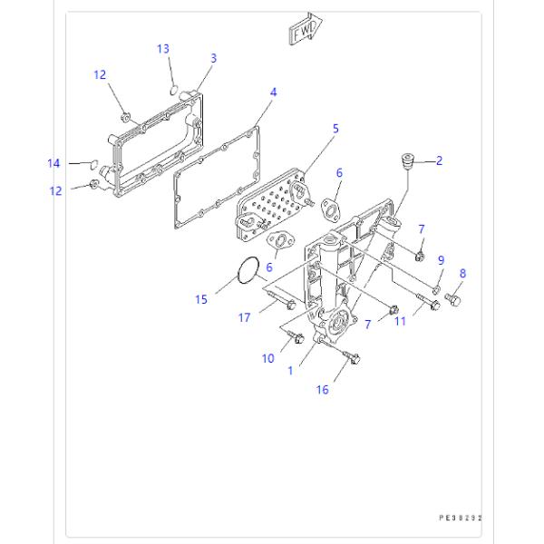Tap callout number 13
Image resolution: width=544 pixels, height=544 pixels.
pyautogui.click(x=163, y=48)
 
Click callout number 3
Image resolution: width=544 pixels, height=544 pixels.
pyautogui.click(x=213, y=58)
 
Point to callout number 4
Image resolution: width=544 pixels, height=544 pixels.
pyautogui.click(x=273, y=92)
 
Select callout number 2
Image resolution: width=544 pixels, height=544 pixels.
pyautogui.click(x=439, y=160)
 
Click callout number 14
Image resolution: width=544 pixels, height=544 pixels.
pyautogui.click(x=54, y=163)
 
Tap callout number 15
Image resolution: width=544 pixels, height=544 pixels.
pyautogui.click(x=201, y=297)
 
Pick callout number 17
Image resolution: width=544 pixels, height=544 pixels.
pyautogui.click(x=245, y=317)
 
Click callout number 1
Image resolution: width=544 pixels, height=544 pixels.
pyautogui.click(x=289, y=370)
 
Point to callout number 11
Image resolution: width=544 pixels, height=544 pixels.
pyautogui.click(x=400, y=322)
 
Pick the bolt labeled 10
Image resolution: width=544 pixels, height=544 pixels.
pyautogui.click(x=292, y=339)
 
